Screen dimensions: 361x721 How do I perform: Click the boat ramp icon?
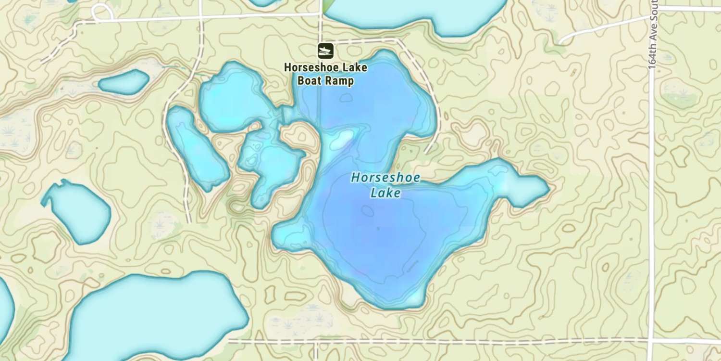point(325,50)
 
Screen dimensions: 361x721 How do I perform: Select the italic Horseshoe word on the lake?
point(385,178)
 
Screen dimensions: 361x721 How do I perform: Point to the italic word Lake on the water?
point(385,193)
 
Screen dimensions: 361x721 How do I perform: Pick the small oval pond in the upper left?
point(124,82)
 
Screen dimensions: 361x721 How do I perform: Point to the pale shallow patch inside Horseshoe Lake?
point(342,139)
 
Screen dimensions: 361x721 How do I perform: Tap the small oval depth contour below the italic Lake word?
point(368,211)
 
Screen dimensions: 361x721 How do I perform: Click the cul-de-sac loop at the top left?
point(102,12)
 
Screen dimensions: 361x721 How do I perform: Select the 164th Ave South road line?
point(652,193)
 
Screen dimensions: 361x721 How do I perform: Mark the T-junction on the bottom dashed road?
point(315,342)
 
